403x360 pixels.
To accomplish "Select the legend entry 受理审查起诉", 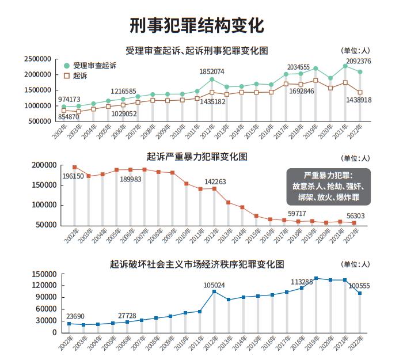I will coord(92,66).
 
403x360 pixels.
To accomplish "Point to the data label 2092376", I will coord(358,62).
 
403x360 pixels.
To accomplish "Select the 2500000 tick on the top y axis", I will coord(38,59).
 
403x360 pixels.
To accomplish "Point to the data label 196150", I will coord(73,176).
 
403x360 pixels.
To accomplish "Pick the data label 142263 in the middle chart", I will coord(215,181).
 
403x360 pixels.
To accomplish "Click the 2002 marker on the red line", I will coord(74,167).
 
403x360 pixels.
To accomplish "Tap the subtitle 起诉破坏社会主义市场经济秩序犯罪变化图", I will coord(197,264).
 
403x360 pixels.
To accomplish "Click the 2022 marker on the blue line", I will coord(360,293).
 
